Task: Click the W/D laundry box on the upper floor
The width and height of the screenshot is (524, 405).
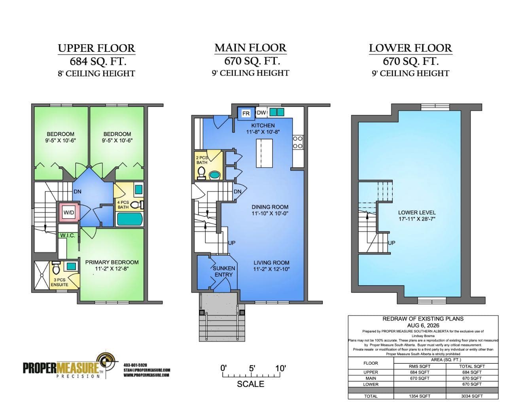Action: (69, 212)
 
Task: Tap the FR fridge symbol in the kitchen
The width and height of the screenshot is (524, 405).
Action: (246, 113)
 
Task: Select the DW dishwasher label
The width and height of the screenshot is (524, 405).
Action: (261, 113)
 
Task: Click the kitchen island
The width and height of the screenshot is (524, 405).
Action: (265, 153)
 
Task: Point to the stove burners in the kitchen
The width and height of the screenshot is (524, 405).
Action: (298, 142)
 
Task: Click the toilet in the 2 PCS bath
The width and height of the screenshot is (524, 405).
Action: (201, 173)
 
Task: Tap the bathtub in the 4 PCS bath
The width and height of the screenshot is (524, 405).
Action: (129, 219)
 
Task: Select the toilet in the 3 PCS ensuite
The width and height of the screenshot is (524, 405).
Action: (56, 268)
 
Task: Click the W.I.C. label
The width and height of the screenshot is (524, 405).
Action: (68, 236)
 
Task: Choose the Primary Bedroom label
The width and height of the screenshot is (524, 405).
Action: (112, 262)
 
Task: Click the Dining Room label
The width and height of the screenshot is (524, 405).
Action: (270, 207)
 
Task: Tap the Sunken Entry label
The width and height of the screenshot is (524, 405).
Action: (223, 271)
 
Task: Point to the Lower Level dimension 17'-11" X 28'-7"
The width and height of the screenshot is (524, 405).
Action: (417, 219)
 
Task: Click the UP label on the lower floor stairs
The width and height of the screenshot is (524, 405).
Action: (392, 243)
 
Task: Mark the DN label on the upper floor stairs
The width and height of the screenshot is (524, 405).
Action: (78, 192)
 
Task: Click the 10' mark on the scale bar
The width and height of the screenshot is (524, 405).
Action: (280, 368)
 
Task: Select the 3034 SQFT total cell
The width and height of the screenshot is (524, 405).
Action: (472, 396)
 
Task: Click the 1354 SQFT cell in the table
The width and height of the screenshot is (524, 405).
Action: (420, 396)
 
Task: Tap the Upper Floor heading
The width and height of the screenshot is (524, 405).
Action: (96, 48)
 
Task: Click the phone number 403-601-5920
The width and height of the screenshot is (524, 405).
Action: (135, 365)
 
